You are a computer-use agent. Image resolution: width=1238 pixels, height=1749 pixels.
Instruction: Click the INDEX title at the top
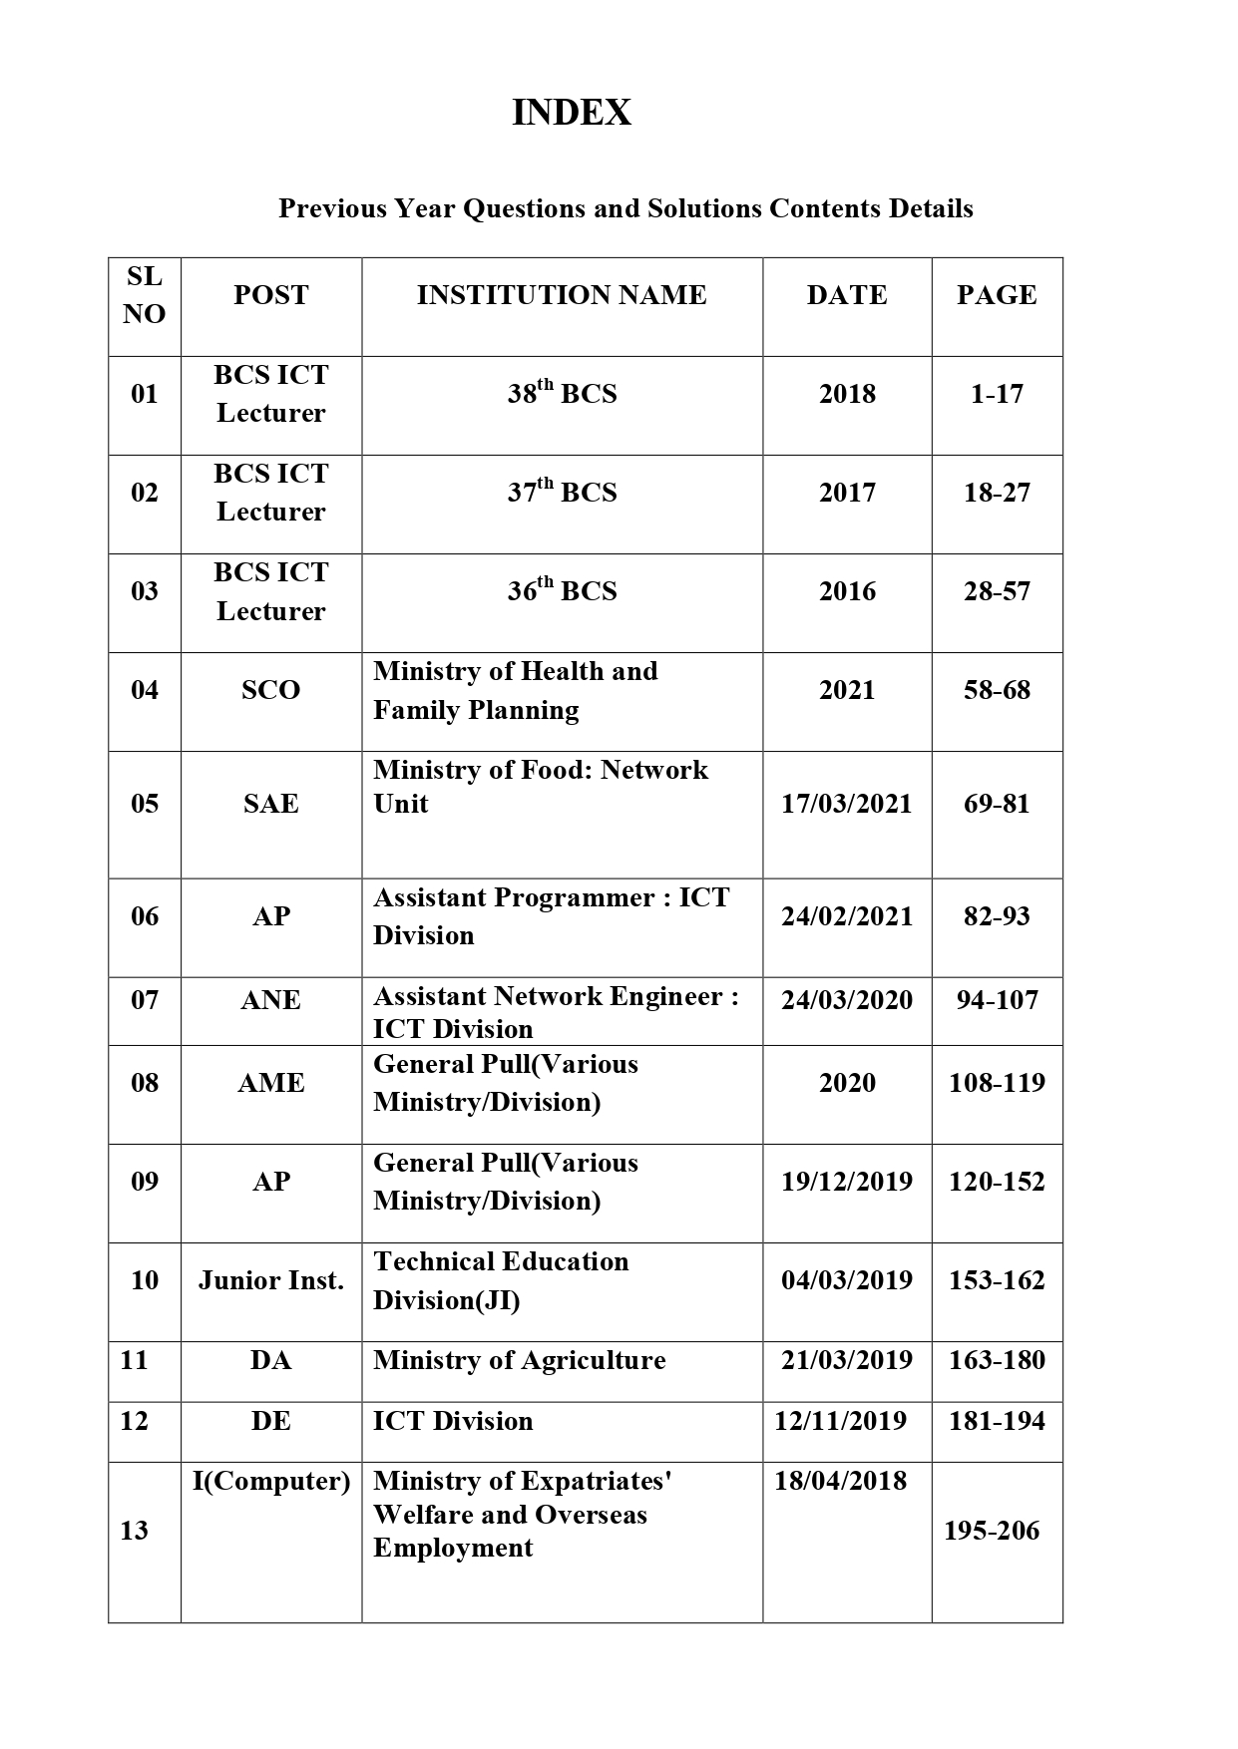(x=572, y=113)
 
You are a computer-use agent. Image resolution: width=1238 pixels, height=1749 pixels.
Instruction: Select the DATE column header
(x=847, y=295)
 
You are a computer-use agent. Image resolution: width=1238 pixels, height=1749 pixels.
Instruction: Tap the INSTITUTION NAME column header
(x=562, y=295)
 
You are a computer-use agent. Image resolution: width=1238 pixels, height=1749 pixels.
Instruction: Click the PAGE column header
(x=997, y=295)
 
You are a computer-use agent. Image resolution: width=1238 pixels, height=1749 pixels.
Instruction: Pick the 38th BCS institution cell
(x=562, y=393)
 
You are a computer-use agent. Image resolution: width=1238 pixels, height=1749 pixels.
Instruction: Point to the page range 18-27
(x=997, y=493)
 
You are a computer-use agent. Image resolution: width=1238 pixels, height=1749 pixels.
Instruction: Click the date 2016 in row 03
(x=847, y=591)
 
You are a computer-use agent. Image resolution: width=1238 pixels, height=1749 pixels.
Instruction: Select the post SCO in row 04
(x=270, y=690)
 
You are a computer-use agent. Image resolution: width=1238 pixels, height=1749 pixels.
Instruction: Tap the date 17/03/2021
(x=847, y=804)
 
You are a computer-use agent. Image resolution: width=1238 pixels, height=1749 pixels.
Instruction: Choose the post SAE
(x=270, y=804)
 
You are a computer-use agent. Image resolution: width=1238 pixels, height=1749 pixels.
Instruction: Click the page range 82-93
(x=997, y=916)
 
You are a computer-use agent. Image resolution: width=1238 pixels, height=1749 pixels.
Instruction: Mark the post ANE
(x=270, y=1000)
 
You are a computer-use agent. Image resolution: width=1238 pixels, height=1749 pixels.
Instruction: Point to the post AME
(x=270, y=1083)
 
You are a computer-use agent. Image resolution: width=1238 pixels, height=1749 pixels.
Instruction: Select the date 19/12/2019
(x=847, y=1182)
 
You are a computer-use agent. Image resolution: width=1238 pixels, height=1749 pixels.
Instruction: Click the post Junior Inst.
(x=270, y=1280)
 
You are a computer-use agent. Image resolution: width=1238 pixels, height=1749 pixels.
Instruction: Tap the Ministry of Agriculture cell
(x=519, y=1361)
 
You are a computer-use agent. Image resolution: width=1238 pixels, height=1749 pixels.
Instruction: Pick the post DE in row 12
(x=270, y=1421)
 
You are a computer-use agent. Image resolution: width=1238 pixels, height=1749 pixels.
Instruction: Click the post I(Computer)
(x=271, y=1482)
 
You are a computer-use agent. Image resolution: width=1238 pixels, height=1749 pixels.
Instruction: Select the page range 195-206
(x=992, y=1531)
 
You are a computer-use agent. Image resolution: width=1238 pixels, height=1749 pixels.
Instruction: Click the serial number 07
(x=145, y=1000)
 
